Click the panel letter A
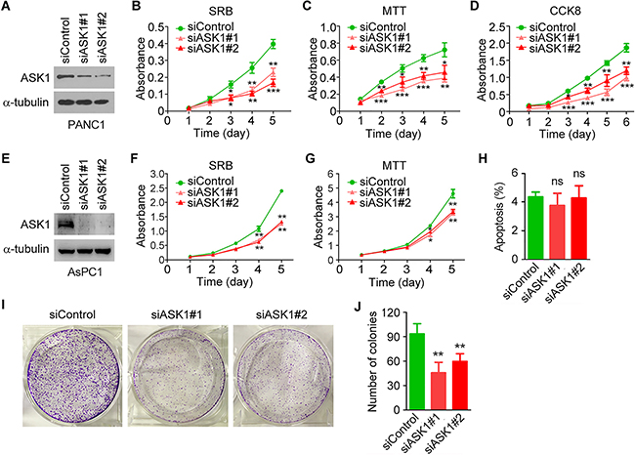7,10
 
